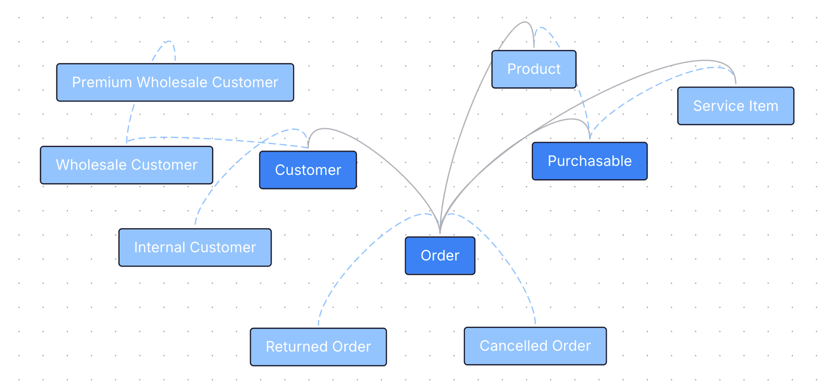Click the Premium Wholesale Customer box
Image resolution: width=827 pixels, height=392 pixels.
[175, 83]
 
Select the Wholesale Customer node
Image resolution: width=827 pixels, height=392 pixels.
[126, 165]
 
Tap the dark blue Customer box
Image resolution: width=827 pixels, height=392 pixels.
[308, 170]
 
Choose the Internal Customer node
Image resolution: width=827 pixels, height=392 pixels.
[195, 247]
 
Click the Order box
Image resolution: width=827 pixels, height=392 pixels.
[440, 256]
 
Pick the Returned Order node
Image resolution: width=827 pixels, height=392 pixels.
[318, 347]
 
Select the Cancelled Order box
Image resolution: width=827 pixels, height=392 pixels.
[535, 346]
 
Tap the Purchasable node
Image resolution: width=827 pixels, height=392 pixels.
[589, 161]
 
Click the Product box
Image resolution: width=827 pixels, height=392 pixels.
[534, 69]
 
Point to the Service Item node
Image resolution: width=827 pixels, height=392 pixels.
[735, 106]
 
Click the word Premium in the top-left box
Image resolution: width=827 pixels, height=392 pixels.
[102, 83]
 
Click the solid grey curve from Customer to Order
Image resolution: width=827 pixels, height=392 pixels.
[388, 157]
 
